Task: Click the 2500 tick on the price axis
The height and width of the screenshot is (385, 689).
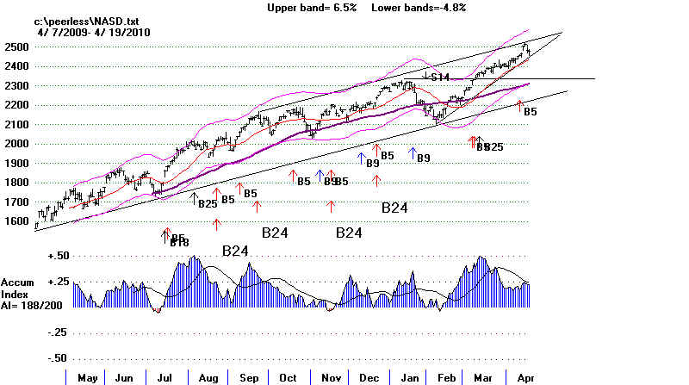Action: click(16, 46)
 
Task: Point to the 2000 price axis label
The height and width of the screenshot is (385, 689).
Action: click(16, 144)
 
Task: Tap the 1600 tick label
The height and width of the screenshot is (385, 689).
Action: click(16, 221)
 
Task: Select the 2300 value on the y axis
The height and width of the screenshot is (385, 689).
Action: click(16, 85)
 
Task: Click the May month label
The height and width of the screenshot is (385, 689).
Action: click(88, 377)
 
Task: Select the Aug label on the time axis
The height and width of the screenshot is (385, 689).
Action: click(209, 377)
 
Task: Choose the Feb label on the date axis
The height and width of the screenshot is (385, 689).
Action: click(446, 377)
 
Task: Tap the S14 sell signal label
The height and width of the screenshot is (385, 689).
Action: click(440, 78)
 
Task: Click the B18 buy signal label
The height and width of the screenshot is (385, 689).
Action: click(179, 244)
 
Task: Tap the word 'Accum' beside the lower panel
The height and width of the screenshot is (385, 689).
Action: click(18, 283)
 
